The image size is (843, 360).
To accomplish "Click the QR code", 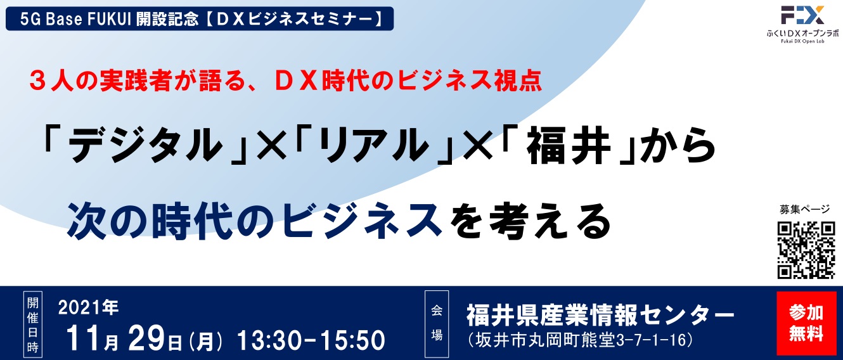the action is coord(806,250).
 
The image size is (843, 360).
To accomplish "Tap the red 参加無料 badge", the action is coord(806,323).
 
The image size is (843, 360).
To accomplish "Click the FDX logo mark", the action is coord(802,15).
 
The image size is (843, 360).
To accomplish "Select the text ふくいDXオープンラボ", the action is coord(802,33).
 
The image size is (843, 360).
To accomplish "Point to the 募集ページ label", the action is coord(804,210).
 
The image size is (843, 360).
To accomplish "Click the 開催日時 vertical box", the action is coord(33,325).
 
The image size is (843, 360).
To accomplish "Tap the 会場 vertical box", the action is coord(437,324).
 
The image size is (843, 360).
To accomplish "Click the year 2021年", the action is coord(89,308).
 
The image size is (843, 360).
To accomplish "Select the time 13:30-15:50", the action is coord(311,340).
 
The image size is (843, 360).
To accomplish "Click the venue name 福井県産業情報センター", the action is coord(600,315).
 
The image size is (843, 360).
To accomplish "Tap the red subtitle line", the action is coord(286,81).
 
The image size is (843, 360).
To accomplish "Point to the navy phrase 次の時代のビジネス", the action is coord(255,221).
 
